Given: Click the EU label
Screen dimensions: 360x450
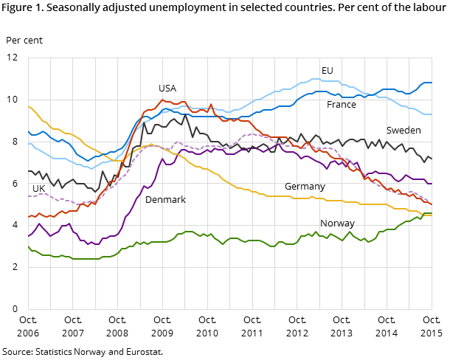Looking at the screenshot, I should (x=328, y=71).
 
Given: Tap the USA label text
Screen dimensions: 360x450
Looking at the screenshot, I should (x=167, y=89).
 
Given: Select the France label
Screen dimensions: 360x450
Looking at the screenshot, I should (x=342, y=105).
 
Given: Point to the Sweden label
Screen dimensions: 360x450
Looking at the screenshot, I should (x=404, y=131).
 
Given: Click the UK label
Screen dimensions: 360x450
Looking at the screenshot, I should (x=38, y=189).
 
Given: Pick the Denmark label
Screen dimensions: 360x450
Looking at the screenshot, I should (x=165, y=200).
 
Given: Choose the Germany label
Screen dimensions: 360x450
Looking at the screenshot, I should (x=305, y=187).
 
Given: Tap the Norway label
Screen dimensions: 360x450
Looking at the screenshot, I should (x=337, y=224).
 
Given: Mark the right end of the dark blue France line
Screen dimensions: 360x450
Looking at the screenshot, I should (x=432, y=83).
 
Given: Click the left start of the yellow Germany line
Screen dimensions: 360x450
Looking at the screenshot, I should (x=28, y=106).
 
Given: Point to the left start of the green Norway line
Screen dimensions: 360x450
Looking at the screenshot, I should (x=28, y=247).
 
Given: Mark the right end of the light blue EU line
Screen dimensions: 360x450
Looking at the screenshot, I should (x=432, y=114).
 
